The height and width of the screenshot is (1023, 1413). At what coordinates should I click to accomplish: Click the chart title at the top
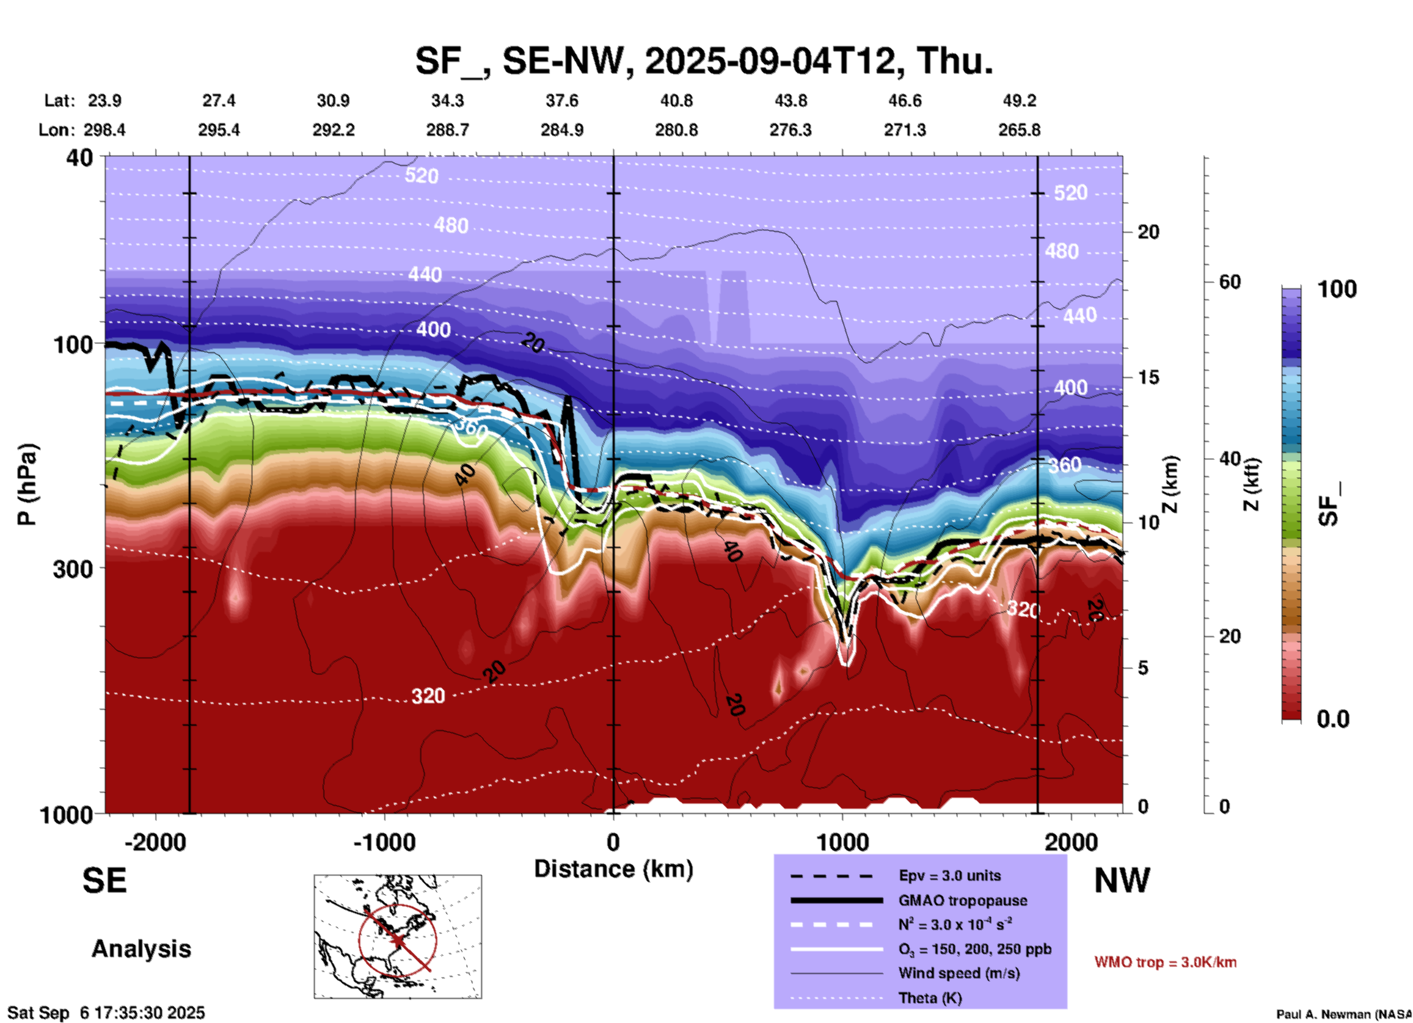point(704,60)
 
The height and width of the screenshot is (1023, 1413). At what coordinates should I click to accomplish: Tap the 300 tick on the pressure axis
point(73,569)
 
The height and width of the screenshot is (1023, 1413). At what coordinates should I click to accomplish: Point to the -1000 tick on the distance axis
point(384,842)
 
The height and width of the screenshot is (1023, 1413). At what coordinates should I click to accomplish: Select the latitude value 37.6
point(561,101)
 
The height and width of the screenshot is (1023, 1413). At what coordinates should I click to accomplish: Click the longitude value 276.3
point(790,130)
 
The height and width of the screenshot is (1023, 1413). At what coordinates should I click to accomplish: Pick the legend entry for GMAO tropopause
point(962,900)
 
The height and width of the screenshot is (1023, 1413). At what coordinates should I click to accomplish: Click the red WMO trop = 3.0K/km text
point(1165,962)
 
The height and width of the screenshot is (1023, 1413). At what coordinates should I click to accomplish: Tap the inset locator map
point(398,936)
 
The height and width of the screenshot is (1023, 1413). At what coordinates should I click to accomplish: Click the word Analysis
point(141,949)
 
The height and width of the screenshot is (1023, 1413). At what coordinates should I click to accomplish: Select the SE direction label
point(104,881)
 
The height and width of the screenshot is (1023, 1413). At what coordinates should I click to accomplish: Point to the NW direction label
point(1122,881)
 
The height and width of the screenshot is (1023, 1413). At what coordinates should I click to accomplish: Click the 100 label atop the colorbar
point(1337,289)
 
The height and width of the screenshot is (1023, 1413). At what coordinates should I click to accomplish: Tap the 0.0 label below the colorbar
point(1333,719)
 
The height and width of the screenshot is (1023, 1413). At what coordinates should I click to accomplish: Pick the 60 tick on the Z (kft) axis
point(1230,282)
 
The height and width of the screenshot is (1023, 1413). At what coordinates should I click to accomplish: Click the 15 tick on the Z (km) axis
point(1148,377)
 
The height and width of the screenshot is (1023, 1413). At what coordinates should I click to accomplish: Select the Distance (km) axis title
point(613,869)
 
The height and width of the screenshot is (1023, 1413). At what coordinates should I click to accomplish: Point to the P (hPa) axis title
point(27,484)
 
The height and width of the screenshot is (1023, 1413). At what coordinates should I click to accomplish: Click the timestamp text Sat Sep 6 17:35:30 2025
point(106,1013)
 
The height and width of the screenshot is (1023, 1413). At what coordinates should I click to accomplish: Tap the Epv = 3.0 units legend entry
point(949,875)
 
